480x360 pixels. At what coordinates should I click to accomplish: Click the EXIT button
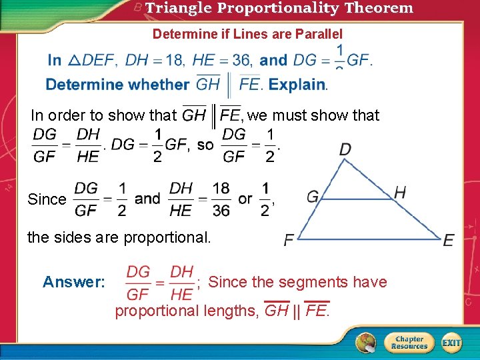(x=451, y=343)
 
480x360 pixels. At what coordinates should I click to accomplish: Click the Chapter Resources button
(x=409, y=343)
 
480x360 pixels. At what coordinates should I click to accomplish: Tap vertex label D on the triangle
(x=345, y=149)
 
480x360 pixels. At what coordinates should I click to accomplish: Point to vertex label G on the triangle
(x=313, y=197)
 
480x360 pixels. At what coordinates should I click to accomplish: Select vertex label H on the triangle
(x=400, y=193)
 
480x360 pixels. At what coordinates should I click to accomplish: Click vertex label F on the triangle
(x=289, y=240)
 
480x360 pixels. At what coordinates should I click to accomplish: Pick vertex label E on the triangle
(x=449, y=240)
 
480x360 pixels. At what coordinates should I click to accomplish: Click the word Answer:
(x=74, y=282)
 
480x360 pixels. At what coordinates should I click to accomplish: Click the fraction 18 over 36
(x=221, y=199)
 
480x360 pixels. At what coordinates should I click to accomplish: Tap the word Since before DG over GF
(x=47, y=199)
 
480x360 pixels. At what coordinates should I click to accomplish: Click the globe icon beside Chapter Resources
(x=365, y=342)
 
